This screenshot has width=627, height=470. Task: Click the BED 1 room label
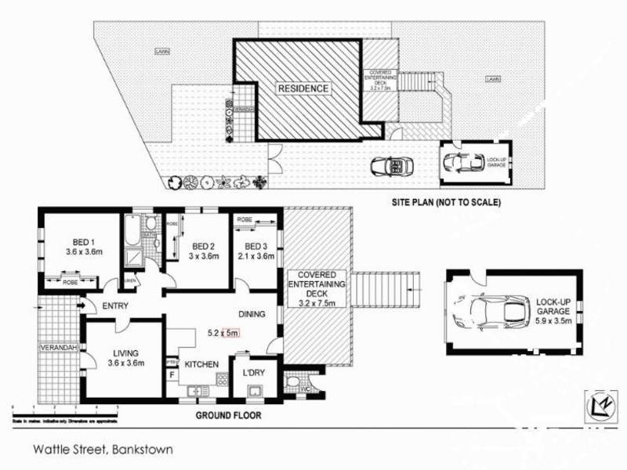[x=79, y=242]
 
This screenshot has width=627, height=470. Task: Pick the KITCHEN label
[x=202, y=365]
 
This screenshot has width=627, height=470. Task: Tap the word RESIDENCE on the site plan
[x=303, y=89]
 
